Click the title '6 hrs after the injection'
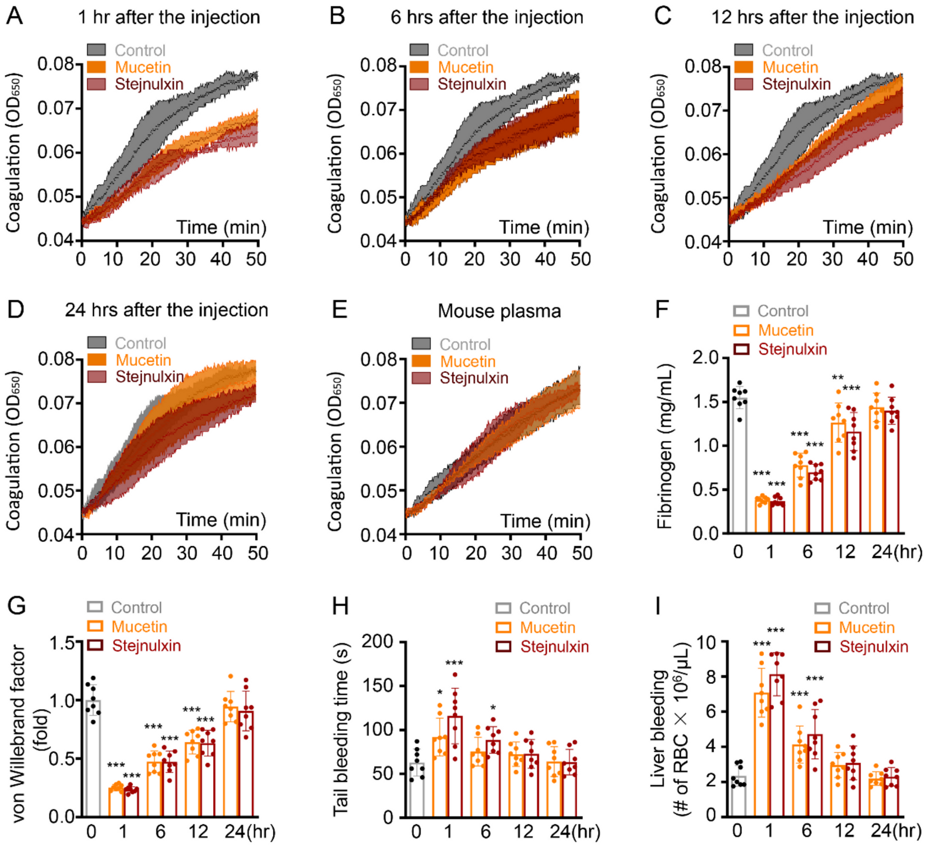[487, 18]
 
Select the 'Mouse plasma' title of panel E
[499, 311]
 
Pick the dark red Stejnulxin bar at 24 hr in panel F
[892, 473]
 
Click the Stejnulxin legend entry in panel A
[149, 85]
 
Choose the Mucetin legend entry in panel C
[790, 68]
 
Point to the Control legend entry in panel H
[544, 608]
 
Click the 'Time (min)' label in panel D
[221, 520]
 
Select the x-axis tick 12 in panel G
[198, 831]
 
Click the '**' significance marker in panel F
[837, 378]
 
